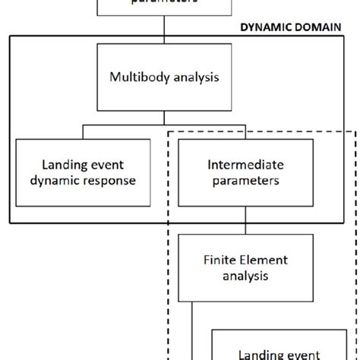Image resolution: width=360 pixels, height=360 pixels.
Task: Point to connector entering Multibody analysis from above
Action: point(165,30)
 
